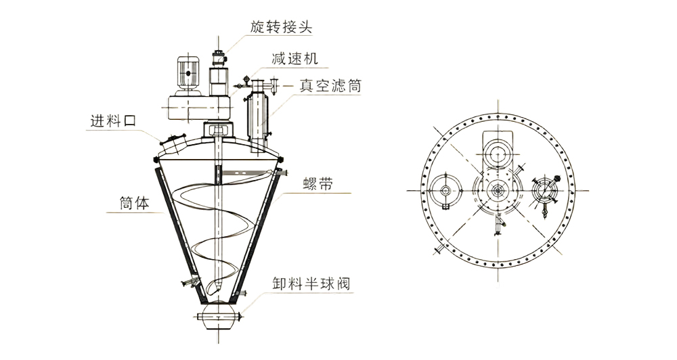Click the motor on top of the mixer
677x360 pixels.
click(188, 73)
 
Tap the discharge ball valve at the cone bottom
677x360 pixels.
click(219, 317)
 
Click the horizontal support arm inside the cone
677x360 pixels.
click(244, 174)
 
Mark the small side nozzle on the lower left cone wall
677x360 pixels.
click(190, 280)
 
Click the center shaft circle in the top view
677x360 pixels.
click(498, 192)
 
